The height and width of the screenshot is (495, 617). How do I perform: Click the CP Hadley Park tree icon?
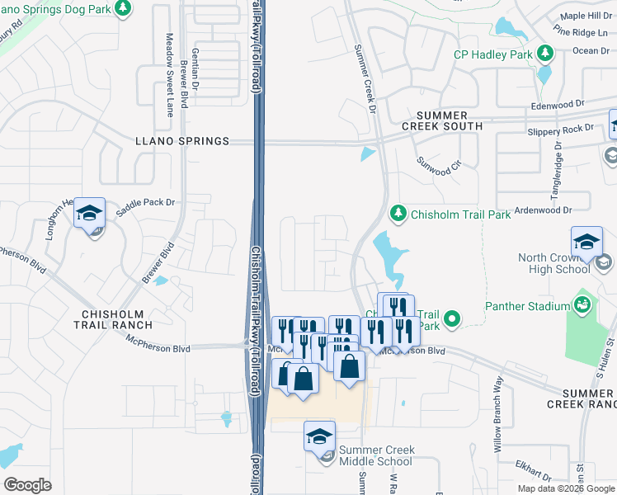tap(544, 54)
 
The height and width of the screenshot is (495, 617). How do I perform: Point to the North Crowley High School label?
tap(553, 263)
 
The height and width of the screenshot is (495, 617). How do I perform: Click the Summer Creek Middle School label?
tap(377, 455)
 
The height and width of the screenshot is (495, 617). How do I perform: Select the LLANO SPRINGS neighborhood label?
tap(181, 141)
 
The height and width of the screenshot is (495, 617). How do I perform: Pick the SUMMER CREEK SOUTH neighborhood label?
tap(441, 120)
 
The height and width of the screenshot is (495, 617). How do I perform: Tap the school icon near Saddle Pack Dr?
tap(89, 214)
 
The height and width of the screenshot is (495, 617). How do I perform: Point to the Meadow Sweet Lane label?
tap(169, 75)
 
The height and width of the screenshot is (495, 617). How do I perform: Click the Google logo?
tap(27, 484)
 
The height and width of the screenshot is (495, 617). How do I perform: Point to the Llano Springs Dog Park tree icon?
tap(122, 8)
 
